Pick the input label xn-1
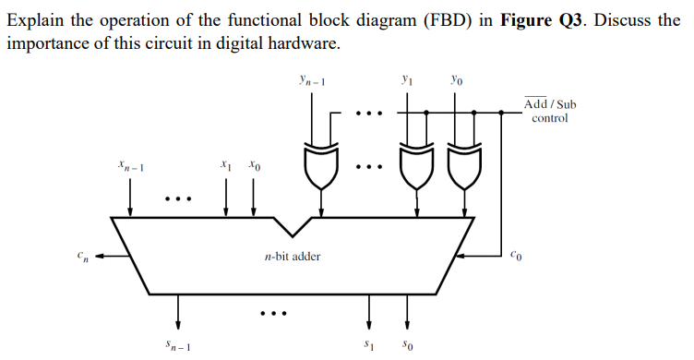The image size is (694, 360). tap(130, 167)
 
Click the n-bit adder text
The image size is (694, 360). tap(293, 256)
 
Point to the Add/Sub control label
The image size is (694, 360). tap(550, 111)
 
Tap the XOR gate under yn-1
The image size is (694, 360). tap(319, 166)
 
